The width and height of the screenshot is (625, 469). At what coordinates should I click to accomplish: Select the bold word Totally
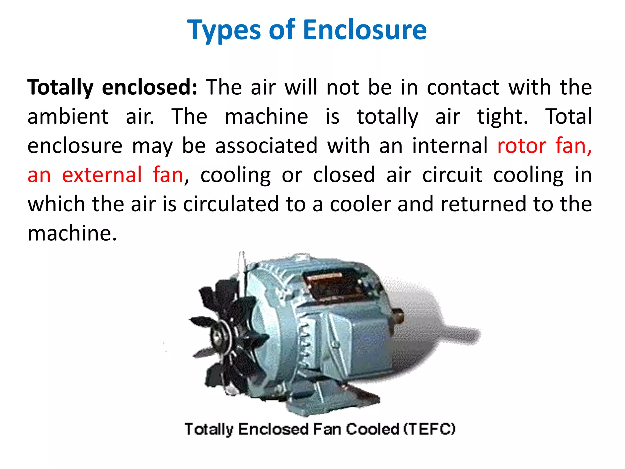point(60,88)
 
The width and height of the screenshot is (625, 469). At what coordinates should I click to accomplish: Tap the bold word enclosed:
point(150,88)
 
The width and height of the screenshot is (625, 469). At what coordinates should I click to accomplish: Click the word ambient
point(68,117)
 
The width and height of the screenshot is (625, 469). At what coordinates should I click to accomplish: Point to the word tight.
point(502,117)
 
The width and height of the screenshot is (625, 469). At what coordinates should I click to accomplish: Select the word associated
point(266,146)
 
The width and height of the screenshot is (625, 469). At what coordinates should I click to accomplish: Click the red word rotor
point(522,146)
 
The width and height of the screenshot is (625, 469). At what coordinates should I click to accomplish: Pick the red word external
point(102,175)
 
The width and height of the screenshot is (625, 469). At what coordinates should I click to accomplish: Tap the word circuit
point(452,175)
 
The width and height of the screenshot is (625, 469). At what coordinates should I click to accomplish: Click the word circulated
point(231,204)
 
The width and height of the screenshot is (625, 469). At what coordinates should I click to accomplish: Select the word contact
point(463,88)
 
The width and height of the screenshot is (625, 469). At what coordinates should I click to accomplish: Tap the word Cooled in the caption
point(373,429)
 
